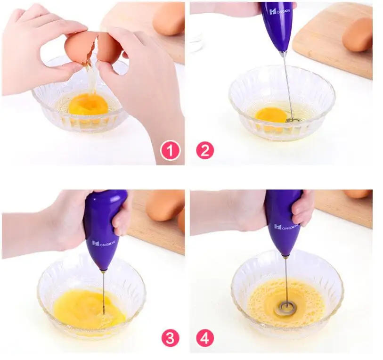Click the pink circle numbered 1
click(x=170, y=151)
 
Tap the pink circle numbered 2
click(x=205, y=151)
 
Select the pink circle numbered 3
click(x=170, y=337)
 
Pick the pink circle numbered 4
click(x=205, y=337)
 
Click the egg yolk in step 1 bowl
click(x=88, y=104)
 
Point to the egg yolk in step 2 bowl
click(x=271, y=115)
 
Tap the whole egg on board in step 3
click(x=165, y=205)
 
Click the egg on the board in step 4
click(x=358, y=194)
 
